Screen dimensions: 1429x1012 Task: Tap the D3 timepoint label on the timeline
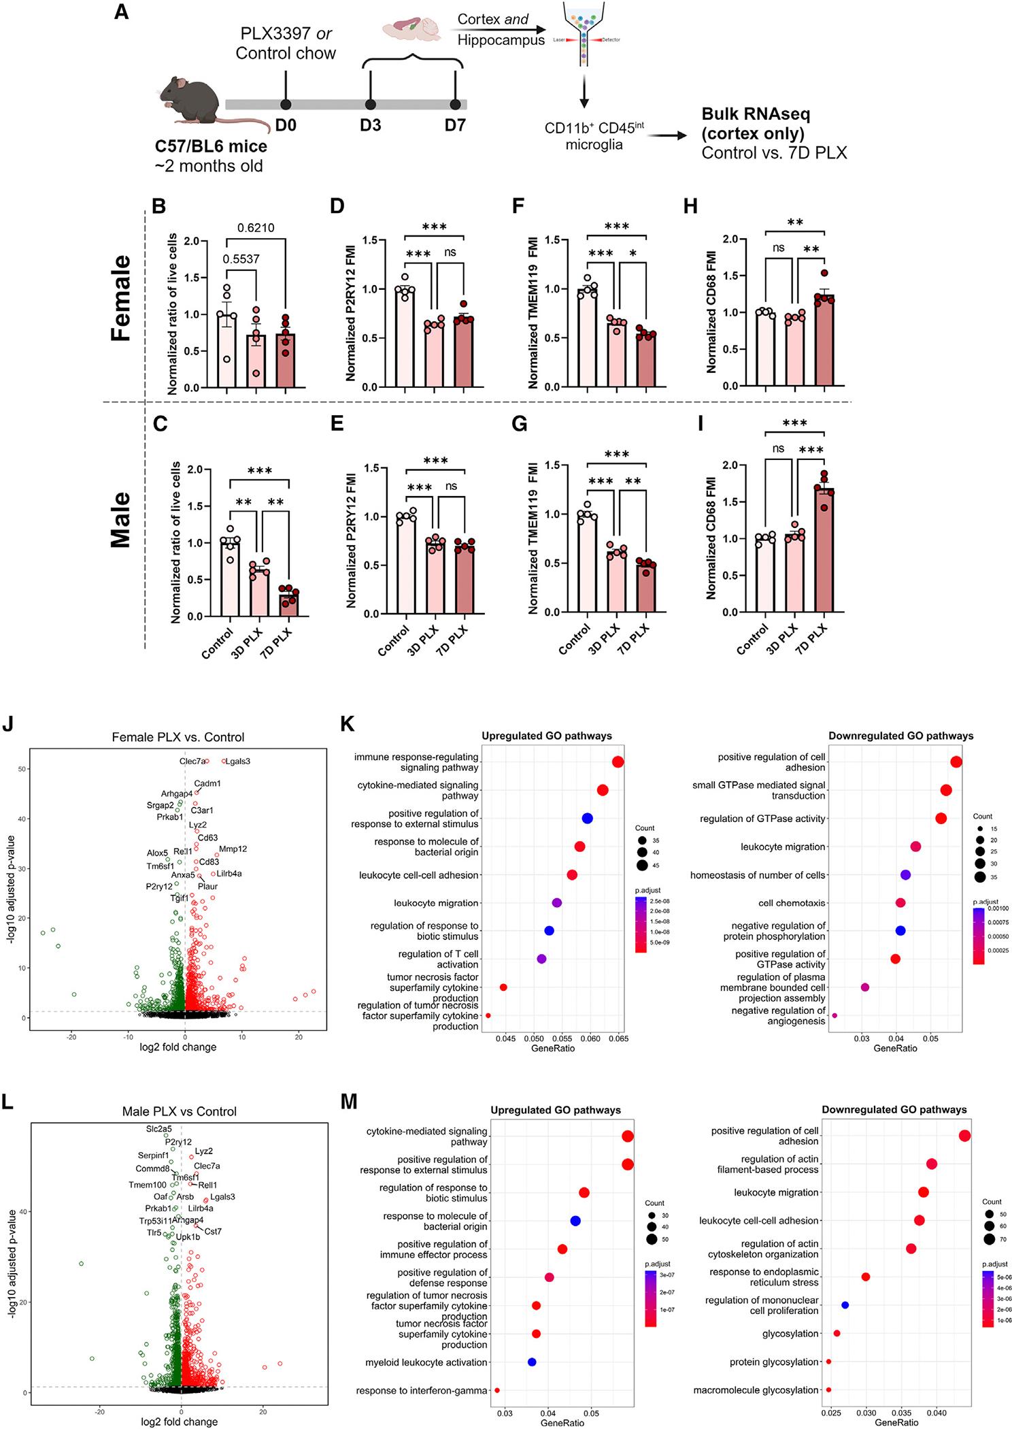(370, 126)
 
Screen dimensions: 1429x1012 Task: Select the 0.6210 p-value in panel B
(256, 228)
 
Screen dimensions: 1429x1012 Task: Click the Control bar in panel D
(405, 337)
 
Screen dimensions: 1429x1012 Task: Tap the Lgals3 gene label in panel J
(238, 761)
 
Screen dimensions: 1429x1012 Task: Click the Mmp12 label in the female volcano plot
(233, 849)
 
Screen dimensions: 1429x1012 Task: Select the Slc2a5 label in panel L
(158, 1128)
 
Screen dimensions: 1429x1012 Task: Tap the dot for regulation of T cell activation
(541, 959)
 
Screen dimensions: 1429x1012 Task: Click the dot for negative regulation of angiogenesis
(834, 1015)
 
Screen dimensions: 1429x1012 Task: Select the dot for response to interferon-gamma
(497, 1390)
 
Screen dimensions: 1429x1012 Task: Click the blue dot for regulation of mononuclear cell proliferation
(845, 1305)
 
